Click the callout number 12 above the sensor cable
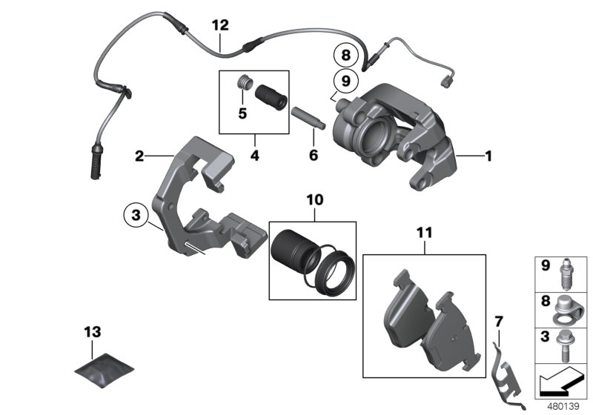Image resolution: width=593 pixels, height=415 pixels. [x=220, y=24]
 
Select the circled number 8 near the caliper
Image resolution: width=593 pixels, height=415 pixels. [x=343, y=55]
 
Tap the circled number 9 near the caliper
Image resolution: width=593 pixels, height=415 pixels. [x=343, y=79]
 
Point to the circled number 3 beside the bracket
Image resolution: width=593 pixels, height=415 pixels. [x=135, y=216]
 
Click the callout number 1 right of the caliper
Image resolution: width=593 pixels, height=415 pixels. [x=488, y=156]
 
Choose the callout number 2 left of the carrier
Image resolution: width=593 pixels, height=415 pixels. [x=139, y=156]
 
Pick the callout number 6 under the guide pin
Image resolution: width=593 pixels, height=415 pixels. [x=313, y=156]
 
